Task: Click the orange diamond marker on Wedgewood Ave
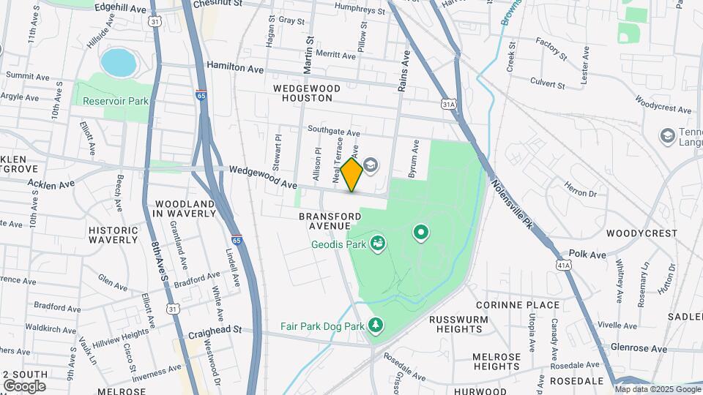click(x=351, y=175)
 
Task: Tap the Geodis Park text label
click(x=338, y=245)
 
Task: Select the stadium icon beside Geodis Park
click(x=379, y=242)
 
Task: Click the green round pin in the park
click(x=421, y=233)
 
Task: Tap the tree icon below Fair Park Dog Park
click(x=376, y=324)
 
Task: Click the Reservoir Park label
click(x=110, y=101)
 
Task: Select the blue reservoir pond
click(x=119, y=63)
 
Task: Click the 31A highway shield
click(x=449, y=105)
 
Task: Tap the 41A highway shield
click(x=562, y=263)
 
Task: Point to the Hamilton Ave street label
click(x=234, y=67)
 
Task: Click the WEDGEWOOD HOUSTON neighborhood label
click(x=308, y=93)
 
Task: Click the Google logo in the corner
click(x=24, y=385)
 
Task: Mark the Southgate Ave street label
click(x=334, y=133)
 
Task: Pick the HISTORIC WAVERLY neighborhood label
click(x=113, y=235)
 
